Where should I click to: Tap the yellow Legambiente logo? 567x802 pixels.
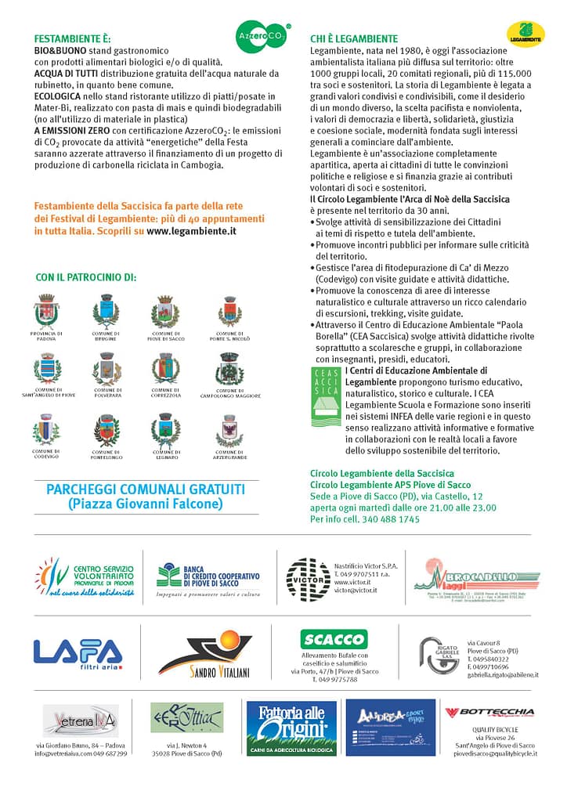pyautogui.click(x=525, y=34)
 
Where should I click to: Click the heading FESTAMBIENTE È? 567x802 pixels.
pyautogui.click(x=72, y=38)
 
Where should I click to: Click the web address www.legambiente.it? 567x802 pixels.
pyautogui.click(x=191, y=232)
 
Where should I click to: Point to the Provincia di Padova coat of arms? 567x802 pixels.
pyautogui.click(x=47, y=311)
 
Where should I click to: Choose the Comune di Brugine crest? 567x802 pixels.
pyautogui.click(x=106, y=310)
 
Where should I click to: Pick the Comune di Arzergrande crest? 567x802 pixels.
pyautogui.click(x=229, y=430)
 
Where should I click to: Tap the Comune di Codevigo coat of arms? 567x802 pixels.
pyautogui.click(x=46, y=429)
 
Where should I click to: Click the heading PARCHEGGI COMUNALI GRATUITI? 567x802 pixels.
pyautogui.click(x=146, y=490)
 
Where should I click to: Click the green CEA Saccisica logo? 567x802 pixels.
pyautogui.click(x=326, y=396)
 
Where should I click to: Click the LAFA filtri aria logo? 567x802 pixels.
pyautogui.click(x=78, y=654)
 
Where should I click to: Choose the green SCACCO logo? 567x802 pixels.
pyautogui.click(x=334, y=638)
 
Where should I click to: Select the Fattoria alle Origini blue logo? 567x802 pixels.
pyautogui.click(x=291, y=728)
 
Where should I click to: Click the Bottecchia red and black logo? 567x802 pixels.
pyautogui.click(x=489, y=712)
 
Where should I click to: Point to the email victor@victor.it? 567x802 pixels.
pyautogui.click(x=356, y=591)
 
